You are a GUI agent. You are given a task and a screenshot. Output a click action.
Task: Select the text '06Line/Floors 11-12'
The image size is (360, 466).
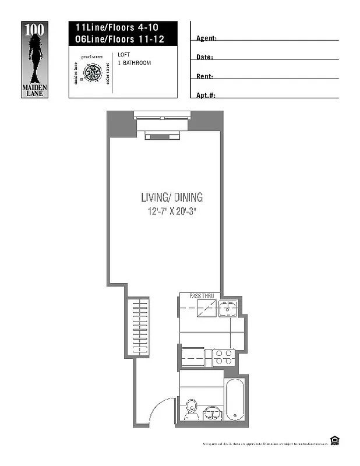[x=115, y=39]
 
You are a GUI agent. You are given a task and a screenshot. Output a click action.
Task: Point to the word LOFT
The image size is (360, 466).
[x=123, y=55]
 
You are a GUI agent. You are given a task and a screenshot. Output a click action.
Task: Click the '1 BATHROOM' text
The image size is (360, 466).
[x=134, y=63]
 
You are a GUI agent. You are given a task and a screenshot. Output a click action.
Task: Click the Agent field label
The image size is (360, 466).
[x=207, y=38]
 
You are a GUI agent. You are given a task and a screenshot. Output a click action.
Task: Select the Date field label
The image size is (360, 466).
[x=204, y=58]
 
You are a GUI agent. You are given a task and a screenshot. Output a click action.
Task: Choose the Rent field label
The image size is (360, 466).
[x=204, y=76]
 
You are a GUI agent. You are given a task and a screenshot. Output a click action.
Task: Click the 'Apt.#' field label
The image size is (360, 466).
[x=206, y=96]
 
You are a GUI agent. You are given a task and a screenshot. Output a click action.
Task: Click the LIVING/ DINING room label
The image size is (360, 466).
[x=172, y=197]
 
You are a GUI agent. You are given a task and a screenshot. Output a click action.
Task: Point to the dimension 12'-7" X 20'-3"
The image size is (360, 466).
[x=172, y=211]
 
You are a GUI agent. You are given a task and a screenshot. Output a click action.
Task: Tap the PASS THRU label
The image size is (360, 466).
[x=202, y=296]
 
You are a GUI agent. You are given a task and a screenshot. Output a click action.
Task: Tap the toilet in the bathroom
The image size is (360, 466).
[x=191, y=410]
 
